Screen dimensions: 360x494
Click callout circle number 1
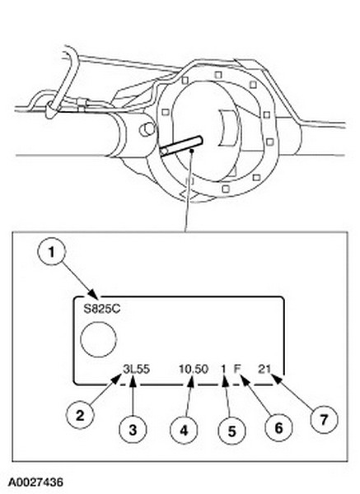51,251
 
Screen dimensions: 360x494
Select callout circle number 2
80,415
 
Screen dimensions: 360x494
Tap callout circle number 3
133,430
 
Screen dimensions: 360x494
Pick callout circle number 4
184,430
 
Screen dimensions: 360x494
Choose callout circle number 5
232,431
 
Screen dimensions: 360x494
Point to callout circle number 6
278,427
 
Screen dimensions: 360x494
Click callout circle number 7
324,419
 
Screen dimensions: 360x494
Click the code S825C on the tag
101,309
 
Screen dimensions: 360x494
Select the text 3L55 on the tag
136,369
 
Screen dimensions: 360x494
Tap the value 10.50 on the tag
194,369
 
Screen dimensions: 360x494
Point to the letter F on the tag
237,369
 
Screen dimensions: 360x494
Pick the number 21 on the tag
264,369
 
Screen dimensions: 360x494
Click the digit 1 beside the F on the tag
223,369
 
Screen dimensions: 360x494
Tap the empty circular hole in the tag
98,339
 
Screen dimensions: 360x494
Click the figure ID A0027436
35,482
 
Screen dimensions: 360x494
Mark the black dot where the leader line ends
191,151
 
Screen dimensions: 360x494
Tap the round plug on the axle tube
147,129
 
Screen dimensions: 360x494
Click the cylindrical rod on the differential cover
180,146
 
